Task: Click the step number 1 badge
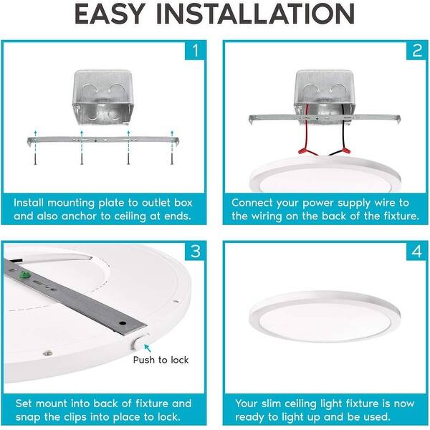click(195, 50)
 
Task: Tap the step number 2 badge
click(417, 50)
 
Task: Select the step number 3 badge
click(195, 252)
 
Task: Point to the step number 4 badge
click(417, 252)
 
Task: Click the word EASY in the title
click(110, 14)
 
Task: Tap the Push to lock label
click(161, 360)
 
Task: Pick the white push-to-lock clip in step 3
click(140, 342)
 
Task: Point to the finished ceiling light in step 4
click(325, 317)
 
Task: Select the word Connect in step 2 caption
click(252, 203)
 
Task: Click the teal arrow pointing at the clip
click(148, 348)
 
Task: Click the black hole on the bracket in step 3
click(123, 323)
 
